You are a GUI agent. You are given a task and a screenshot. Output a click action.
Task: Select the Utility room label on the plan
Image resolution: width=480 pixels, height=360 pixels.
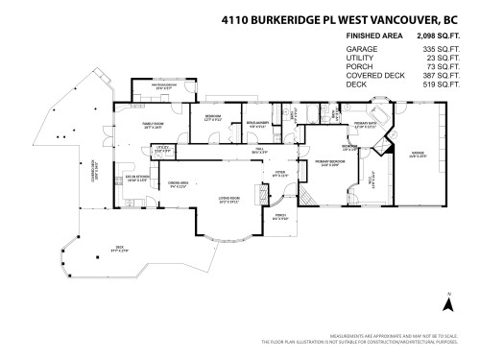point(162,149)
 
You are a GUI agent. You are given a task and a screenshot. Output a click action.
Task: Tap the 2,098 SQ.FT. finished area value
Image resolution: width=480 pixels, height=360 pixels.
point(434,35)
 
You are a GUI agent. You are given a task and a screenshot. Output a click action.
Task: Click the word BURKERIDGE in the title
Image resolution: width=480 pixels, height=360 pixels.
point(294,16)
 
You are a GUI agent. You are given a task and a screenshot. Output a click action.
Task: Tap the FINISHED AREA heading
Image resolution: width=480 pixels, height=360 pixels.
point(372,35)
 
